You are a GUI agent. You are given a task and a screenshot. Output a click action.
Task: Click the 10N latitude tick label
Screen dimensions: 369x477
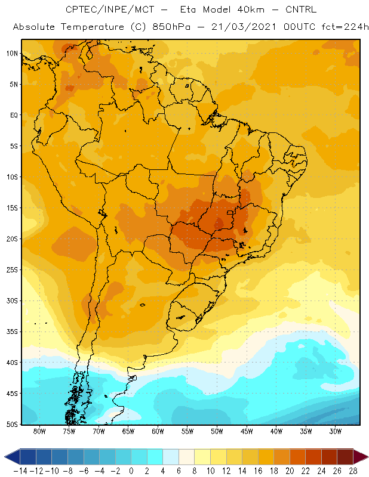12,54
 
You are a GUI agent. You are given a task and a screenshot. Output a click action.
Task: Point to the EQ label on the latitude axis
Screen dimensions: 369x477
14,115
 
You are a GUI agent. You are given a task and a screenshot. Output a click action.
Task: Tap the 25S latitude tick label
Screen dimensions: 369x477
12,270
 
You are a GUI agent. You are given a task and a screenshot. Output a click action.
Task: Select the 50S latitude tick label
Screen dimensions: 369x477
12,424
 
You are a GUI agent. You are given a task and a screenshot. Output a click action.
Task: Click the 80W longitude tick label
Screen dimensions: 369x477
39,431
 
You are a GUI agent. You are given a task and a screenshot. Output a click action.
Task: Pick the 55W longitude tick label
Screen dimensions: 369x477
187,431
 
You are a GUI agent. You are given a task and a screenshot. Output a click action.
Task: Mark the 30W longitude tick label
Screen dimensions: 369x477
336,431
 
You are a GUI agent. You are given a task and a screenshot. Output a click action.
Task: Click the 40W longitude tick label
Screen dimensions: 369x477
276,431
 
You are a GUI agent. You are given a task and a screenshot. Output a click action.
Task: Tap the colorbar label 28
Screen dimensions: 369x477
353,471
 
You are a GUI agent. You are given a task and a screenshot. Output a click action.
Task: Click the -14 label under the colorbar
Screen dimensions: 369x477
20,471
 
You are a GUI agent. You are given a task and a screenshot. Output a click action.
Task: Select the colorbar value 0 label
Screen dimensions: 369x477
131,471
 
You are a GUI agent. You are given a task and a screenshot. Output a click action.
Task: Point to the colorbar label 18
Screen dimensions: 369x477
273,471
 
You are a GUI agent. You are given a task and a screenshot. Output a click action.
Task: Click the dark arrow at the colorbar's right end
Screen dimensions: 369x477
361,457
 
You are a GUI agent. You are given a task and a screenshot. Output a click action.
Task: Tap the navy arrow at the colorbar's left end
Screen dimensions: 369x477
12,457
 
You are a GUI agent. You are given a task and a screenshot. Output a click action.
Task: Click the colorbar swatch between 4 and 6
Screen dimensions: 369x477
171,457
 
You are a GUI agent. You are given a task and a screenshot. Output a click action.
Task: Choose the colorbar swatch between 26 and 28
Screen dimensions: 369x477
345,457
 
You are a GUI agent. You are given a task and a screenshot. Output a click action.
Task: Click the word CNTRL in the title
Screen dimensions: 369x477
301,10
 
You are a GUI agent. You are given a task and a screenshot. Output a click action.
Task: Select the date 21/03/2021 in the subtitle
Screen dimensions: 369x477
244,27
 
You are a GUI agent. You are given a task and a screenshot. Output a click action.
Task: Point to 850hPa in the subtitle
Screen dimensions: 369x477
171,27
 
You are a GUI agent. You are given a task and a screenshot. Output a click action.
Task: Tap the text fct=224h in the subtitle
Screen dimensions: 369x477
345,27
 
